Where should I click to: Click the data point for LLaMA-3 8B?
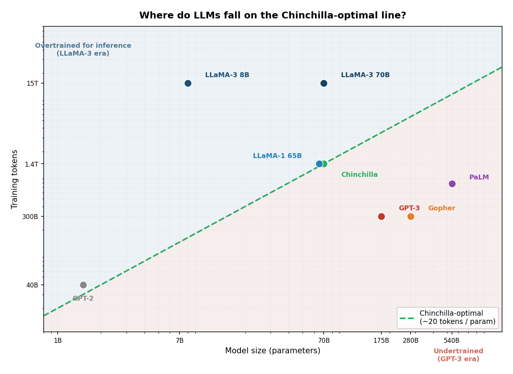tap(188, 83)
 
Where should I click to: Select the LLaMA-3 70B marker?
tap(324, 83)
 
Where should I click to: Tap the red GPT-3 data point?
tap(381, 216)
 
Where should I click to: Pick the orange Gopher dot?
tap(411, 216)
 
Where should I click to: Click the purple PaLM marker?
tap(452, 184)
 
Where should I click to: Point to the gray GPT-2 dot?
tap(83, 285)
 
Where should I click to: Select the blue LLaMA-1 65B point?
tap(319, 164)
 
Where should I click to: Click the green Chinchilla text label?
tap(359, 175)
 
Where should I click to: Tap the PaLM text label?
tap(479, 177)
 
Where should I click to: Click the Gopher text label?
tap(441, 208)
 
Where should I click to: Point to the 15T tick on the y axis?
tap(32, 84)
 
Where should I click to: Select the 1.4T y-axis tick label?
tap(31, 164)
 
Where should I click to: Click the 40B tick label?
tap(32, 285)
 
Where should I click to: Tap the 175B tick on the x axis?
tap(381, 341)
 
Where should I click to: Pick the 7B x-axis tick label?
tap(180, 341)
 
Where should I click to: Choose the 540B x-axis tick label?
tap(452, 341)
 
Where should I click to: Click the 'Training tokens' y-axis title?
tap(15, 179)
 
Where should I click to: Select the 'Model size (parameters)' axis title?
tap(272, 351)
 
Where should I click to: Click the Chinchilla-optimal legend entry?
tap(448, 318)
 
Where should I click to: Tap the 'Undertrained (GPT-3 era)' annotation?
tap(458, 355)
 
